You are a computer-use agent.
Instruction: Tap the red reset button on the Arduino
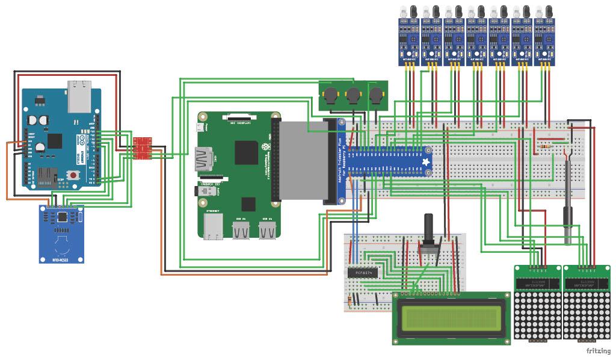(73, 175)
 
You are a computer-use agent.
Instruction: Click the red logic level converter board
(143, 149)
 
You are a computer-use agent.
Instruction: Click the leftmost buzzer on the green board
(330, 96)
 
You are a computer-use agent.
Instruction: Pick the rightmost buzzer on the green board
(375, 95)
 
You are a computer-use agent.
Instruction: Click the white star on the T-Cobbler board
(427, 162)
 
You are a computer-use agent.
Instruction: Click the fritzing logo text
(597, 350)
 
